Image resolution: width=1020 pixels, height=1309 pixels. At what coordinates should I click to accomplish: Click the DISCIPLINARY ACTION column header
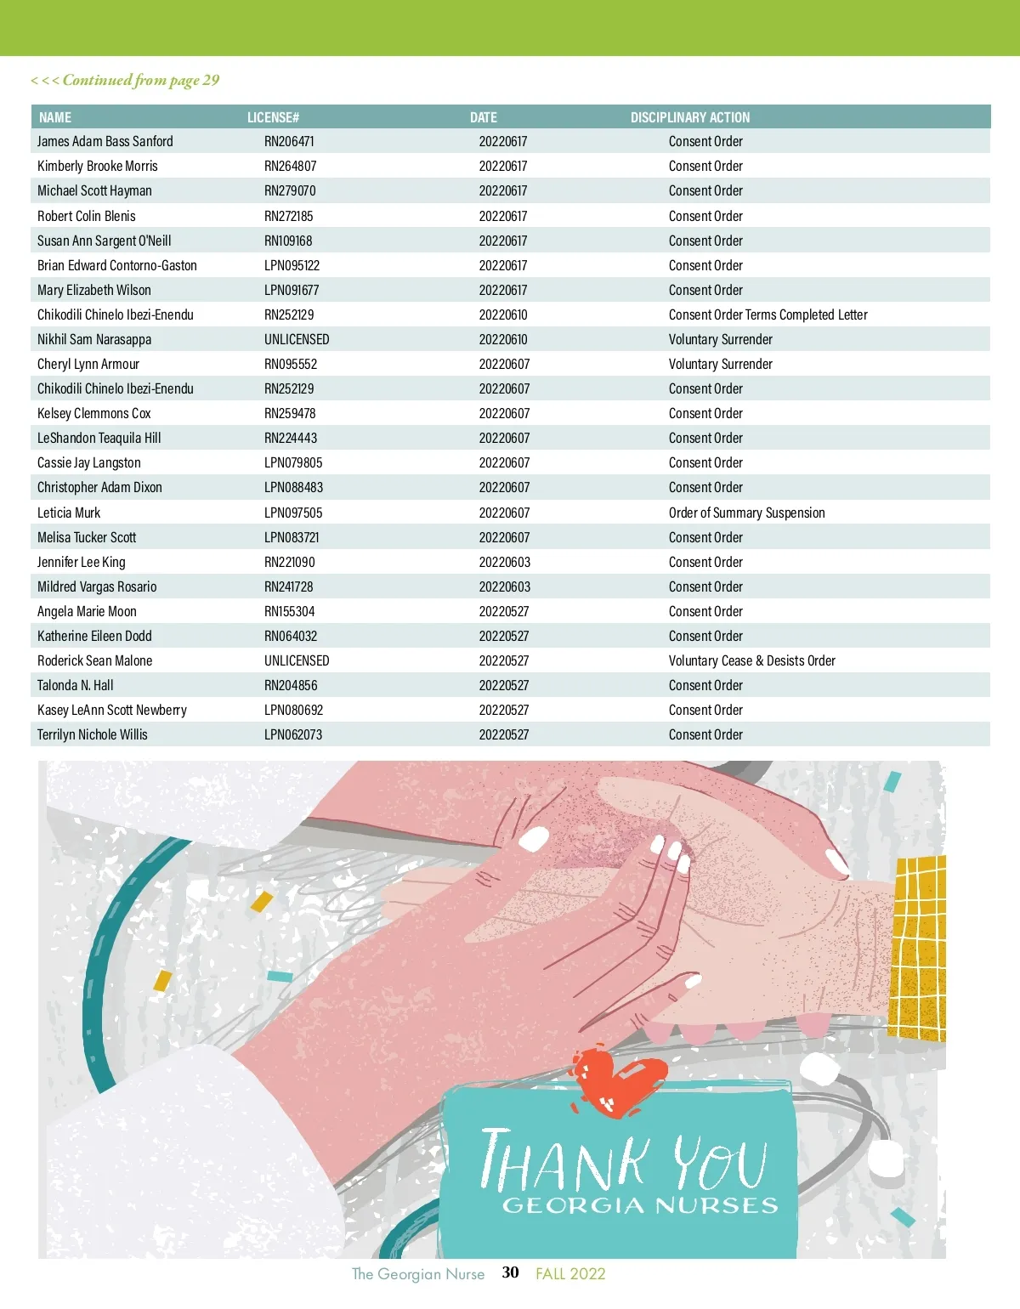pyautogui.click(x=689, y=117)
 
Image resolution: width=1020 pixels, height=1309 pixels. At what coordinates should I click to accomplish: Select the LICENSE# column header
pyautogui.click(x=273, y=117)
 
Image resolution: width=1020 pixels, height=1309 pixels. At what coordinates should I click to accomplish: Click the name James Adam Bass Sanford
pyautogui.click(x=105, y=141)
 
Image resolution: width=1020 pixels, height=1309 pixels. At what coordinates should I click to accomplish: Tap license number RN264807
pyautogui.click(x=290, y=166)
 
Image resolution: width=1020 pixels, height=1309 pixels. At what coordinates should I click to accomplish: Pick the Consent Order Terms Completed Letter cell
pyautogui.click(x=768, y=314)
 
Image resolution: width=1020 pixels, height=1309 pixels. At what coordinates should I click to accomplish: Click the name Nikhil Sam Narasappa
pyautogui.click(x=94, y=339)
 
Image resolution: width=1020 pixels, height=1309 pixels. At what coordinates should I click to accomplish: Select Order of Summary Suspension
pyautogui.click(x=746, y=513)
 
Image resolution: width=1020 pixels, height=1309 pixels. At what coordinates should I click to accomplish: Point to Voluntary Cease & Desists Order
pyautogui.click(x=751, y=660)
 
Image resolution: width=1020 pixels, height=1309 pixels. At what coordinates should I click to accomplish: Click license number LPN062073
pyautogui.click(x=293, y=734)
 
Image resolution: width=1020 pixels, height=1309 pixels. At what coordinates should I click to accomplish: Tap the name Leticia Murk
pyautogui.click(x=69, y=513)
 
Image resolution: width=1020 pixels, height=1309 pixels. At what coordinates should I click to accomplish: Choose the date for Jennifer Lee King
pyautogui.click(x=504, y=562)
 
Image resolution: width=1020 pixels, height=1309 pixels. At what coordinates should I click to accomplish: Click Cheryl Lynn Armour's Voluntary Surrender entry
pyautogui.click(x=720, y=364)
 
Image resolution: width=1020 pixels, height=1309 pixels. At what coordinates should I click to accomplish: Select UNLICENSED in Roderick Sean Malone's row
pyautogui.click(x=297, y=660)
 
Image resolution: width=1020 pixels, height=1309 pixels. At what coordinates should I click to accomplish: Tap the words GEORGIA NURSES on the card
pyautogui.click(x=640, y=1205)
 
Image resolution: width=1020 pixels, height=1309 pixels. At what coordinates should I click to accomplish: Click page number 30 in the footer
pyautogui.click(x=510, y=1272)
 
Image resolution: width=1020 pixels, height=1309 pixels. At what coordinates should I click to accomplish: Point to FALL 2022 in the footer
pyautogui.click(x=570, y=1273)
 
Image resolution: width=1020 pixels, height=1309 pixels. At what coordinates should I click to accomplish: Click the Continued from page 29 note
pyautogui.click(x=125, y=80)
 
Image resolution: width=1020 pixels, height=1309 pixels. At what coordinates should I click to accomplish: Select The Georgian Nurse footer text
pyautogui.click(x=418, y=1273)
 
